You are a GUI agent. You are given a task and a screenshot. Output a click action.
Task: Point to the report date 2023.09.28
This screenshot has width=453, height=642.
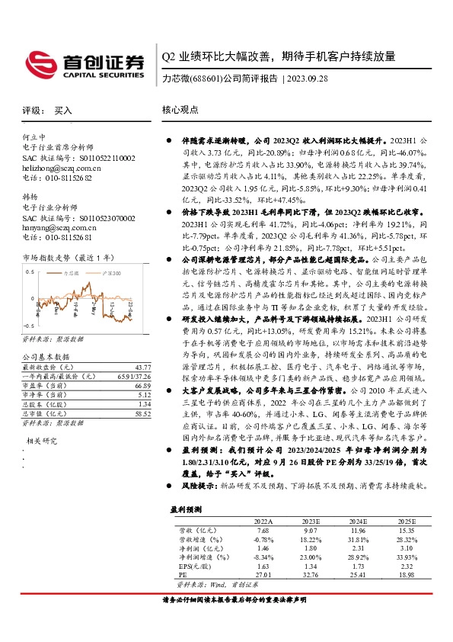pos(308,79)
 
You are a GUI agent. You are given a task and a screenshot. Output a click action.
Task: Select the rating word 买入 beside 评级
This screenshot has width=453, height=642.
pos(63,111)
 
